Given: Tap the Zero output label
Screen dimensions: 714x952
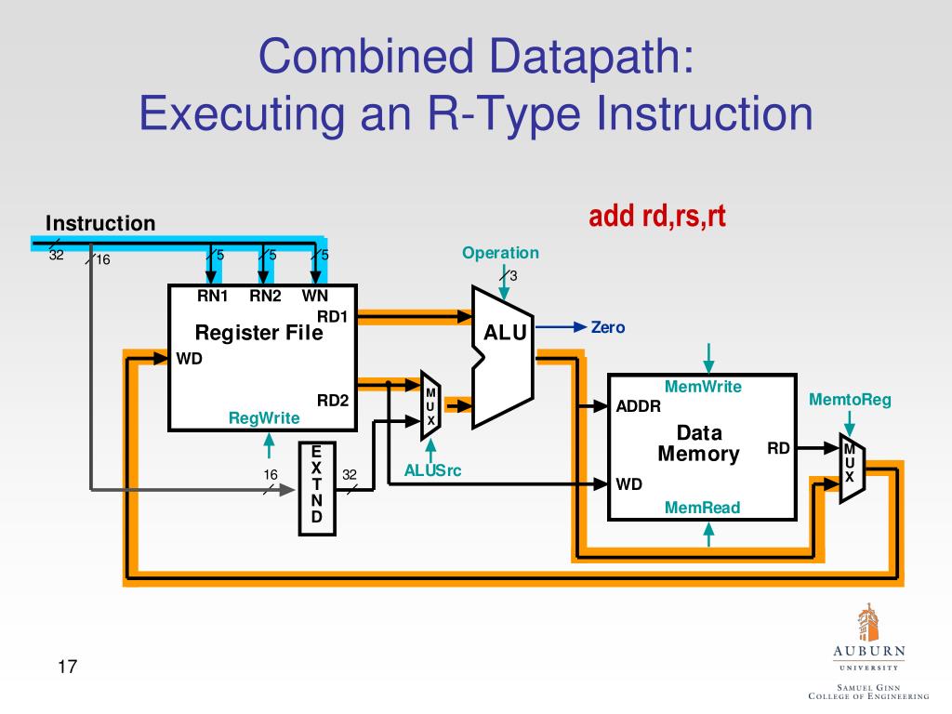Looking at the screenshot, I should [x=608, y=327].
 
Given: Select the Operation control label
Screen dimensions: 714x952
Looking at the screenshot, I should [x=500, y=253].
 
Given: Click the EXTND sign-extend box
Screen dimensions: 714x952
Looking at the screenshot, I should [x=316, y=489].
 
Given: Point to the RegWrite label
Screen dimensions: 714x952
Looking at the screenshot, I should [x=264, y=418].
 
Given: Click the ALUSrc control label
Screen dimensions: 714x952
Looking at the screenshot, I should [x=432, y=470].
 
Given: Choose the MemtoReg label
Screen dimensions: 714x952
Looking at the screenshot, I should [x=849, y=400].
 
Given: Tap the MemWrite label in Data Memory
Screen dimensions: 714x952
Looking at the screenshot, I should [x=703, y=387].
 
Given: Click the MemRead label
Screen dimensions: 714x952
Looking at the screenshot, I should [x=703, y=507].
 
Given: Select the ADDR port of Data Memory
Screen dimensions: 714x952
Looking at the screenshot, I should [x=639, y=406].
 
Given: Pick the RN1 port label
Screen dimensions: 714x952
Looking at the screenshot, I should [x=212, y=297].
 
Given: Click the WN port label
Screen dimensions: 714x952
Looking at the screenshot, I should [x=315, y=297].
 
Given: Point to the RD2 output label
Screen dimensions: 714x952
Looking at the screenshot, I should [x=332, y=401].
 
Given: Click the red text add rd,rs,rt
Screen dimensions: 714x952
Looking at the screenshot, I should [x=656, y=217].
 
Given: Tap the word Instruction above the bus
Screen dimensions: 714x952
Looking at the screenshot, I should [x=100, y=223].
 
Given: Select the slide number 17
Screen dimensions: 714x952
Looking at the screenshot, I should [x=67, y=667].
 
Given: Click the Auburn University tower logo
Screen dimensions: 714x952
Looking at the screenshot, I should [x=867, y=622].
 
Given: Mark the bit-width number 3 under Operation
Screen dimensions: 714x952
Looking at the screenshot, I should [x=513, y=276].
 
